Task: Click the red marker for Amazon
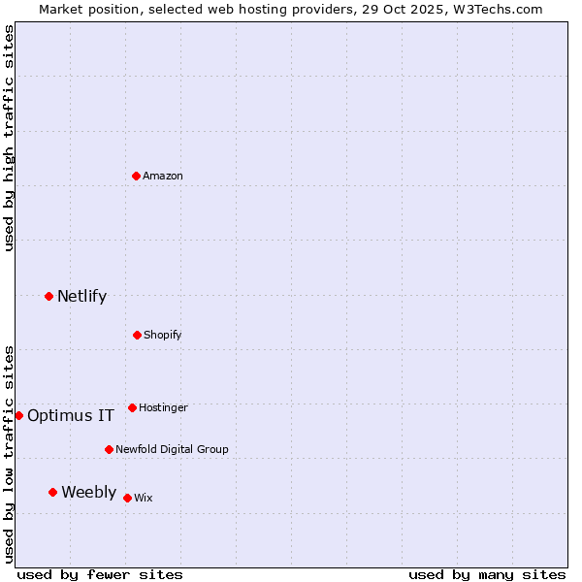pyautogui.click(x=137, y=176)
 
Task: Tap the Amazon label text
pyautogui.click(x=163, y=177)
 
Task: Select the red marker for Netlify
pyautogui.click(x=49, y=296)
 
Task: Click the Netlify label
pyautogui.click(x=81, y=297)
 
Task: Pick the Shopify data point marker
pyautogui.click(x=137, y=335)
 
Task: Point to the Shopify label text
pyautogui.click(x=163, y=336)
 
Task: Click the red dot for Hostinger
pyautogui.click(x=132, y=407)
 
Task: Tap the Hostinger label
pyautogui.click(x=163, y=408)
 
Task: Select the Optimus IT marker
pyautogui.click(x=18, y=415)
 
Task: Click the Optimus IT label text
pyautogui.click(x=71, y=416)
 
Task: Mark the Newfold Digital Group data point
pyautogui.click(x=109, y=449)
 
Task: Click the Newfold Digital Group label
pyautogui.click(x=172, y=450)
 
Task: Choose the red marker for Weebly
pyautogui.click(x=53, y=492)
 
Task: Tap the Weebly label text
pyautogui.click(x=88, y=493)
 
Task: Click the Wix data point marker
pyautogui.click(x=127, y=498)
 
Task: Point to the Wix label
pyautogui.click(x=144, y=499)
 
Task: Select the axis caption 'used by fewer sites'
pyautogui.click(x=100, y=575)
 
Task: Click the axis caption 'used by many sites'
pyautogui.click(x=487, y=575)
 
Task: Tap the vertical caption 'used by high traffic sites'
pyautogui.click(x=9, y=138)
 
